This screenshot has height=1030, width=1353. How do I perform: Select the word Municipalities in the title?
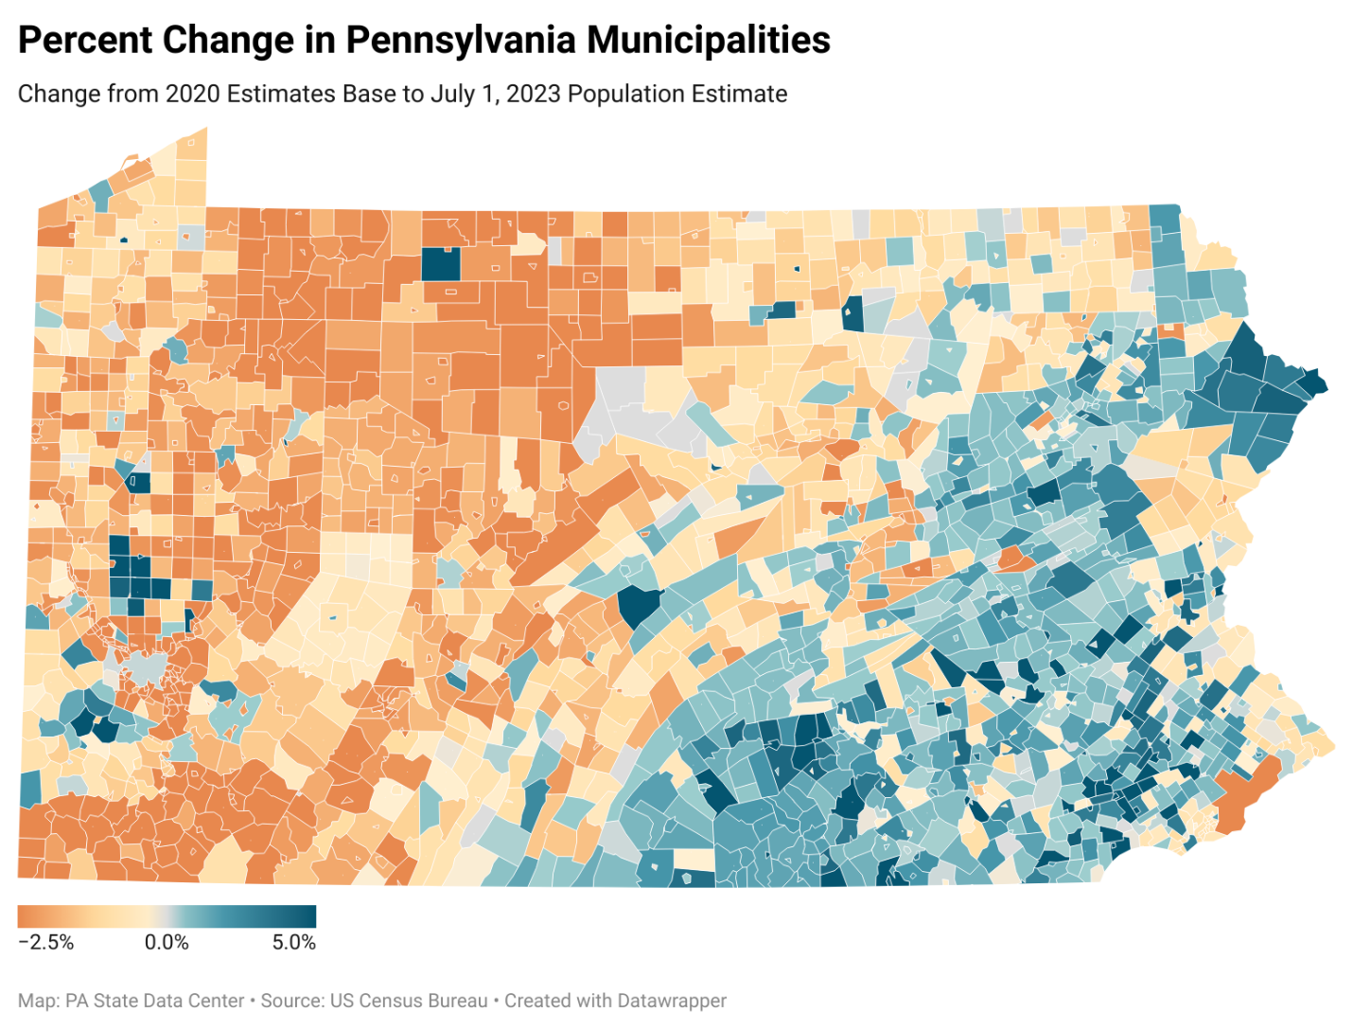coord(708,41)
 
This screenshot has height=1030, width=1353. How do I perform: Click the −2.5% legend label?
coord(45,943)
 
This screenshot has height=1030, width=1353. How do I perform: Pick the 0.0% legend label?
coord(167,943)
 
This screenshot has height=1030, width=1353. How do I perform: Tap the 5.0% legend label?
coord(293,943)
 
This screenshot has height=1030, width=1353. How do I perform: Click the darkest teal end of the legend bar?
coord(308,916)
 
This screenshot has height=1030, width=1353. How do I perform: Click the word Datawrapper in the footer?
coord(672,1002)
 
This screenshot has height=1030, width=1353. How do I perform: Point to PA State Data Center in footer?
coord(154,1002)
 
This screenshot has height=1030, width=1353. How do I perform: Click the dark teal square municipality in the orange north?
coord(440,263)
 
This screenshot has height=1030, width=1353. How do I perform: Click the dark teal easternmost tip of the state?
coord(1315,384)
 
